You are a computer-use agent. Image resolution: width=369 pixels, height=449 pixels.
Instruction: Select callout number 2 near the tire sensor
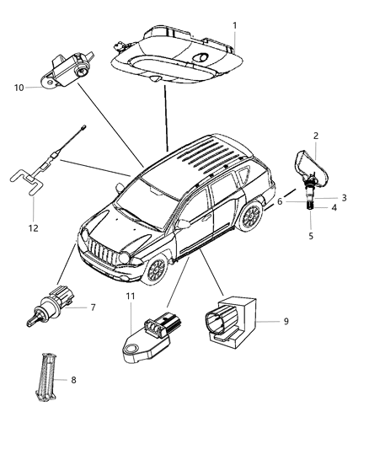coord(316,136)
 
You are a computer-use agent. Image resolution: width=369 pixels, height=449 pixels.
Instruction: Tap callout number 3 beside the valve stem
coord(344,197)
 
